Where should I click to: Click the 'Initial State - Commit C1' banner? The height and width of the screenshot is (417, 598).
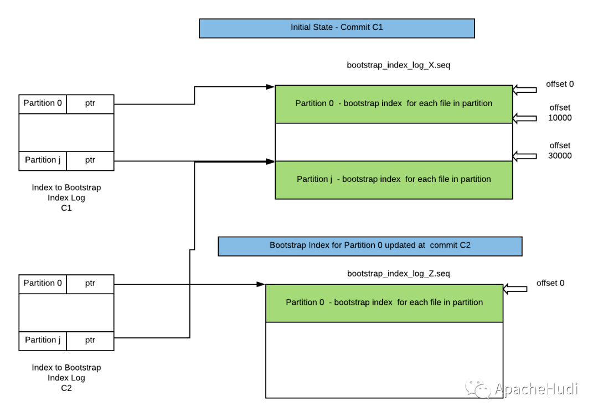337,28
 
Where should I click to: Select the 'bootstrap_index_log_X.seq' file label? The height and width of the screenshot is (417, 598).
399,65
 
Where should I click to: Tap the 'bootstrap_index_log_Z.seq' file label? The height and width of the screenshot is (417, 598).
399,273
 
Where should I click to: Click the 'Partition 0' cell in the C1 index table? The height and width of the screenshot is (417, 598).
43,104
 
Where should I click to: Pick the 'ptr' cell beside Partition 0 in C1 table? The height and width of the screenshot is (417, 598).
90,104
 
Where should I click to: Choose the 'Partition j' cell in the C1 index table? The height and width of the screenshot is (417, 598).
43,161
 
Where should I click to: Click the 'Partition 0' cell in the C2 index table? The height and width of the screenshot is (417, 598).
43,284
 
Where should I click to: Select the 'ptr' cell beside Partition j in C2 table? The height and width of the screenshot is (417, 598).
90,341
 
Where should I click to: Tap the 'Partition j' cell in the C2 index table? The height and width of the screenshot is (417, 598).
43,341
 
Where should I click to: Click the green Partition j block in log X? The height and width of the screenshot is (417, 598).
394,180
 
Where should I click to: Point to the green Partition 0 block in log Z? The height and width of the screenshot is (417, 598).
384,303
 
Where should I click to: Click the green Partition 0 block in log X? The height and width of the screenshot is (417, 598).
394,104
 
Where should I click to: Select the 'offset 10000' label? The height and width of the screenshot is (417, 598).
560,113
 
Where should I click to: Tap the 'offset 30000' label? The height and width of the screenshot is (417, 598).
560,150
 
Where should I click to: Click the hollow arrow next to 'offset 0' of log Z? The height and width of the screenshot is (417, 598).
515,289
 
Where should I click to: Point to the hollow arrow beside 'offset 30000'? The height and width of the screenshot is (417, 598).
525,156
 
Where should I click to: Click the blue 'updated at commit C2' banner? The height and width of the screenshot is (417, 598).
370,246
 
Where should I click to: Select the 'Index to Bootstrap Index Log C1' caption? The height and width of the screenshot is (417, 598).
66,197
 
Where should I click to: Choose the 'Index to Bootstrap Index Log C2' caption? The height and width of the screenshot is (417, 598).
66,378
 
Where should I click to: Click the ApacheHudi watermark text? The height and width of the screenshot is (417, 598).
536,389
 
